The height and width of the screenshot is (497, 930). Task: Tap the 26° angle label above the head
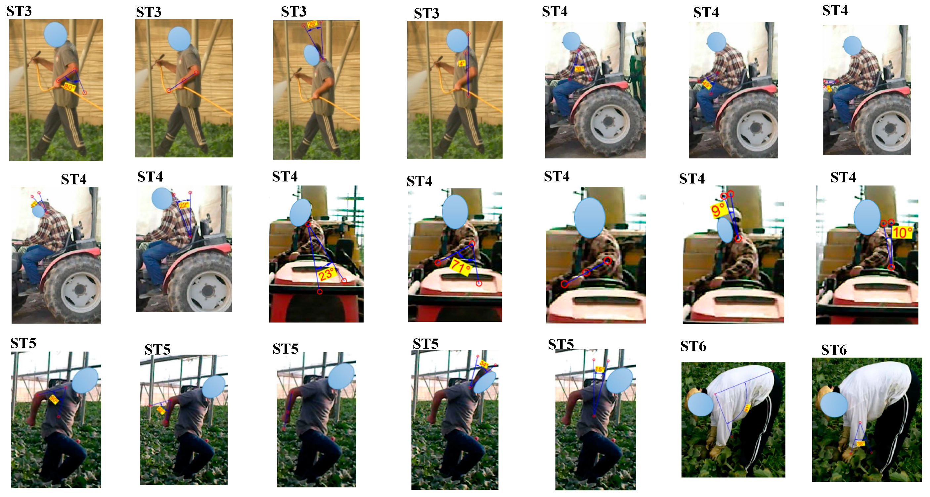coord(312,25)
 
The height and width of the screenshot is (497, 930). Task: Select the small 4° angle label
coord(462,64)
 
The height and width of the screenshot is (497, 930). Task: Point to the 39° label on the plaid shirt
coord(579,68)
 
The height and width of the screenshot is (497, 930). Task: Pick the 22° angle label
coord(183,205)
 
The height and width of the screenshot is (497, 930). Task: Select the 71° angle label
coord(461,267)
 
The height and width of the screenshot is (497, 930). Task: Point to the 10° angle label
coord(902,232)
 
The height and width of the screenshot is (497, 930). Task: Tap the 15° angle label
coord(599,369)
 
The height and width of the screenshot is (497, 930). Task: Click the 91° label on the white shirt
coord(747,408)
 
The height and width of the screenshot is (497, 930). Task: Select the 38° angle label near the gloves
coord(860,443)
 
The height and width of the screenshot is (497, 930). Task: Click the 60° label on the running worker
coord(54,399)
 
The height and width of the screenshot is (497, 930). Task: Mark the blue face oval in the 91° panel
coord(700,404)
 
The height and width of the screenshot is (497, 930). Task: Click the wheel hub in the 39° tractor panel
coord(609,122)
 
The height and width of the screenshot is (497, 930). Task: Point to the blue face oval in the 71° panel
coord(455,212)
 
